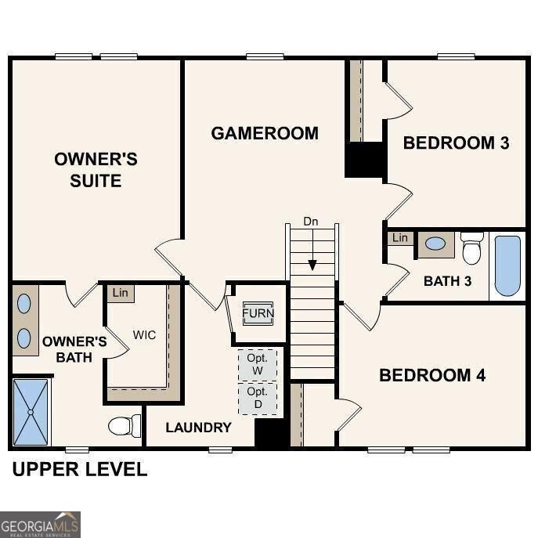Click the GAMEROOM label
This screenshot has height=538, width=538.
click(x=265, y=133)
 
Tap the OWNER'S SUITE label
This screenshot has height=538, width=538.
click(x=96, y=170)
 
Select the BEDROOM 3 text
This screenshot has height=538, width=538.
click(x=456, y=143)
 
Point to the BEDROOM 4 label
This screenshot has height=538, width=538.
click(x=432, y=375)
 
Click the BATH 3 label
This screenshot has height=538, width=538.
click(x=447, y=280)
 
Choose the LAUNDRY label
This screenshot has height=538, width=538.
click(x=198, y=427)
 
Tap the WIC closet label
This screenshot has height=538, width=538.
click(x=144, y=335)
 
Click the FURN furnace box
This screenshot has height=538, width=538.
click(x=258, y=313)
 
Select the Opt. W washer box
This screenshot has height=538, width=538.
click(x=257, y=364)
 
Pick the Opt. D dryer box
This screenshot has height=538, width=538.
click(x=257, y=396)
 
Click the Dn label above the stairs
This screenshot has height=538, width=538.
click(x=311, y=222)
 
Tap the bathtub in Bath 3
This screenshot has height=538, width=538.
click(x=507, y=266)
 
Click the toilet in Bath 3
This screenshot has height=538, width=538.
click(x=471, y=248)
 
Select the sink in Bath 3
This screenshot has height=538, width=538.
click(x=435, y=244)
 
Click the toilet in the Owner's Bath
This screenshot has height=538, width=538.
click(x=123, y=426)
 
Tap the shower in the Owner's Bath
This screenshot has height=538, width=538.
click(x=31, y=412)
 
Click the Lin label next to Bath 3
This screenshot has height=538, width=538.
click(x=400, y=237)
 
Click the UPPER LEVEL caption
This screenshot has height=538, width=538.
click(x=79, y=470)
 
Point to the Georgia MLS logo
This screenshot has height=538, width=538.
click(x=40, y=524)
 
